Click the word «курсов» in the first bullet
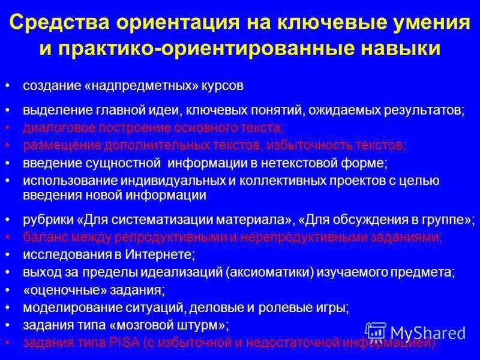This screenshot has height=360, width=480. coord(223,86)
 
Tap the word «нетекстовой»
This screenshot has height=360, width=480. coord(316,163)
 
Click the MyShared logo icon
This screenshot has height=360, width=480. coord(376,332)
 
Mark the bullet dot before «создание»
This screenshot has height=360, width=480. coord(7,86)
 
